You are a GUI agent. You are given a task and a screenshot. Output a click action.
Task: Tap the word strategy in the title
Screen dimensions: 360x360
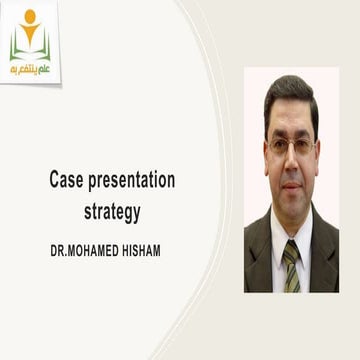[111, 211]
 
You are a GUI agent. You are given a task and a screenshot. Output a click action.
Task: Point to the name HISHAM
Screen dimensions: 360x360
[135, 251]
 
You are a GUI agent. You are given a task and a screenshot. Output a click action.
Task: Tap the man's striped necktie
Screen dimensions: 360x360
[291, 265]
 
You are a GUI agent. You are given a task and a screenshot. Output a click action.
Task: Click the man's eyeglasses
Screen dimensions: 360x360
[291, 146]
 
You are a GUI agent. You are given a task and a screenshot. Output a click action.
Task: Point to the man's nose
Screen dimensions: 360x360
[292, 160]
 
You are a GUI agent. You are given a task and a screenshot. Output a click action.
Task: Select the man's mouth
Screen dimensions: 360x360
[292, 182]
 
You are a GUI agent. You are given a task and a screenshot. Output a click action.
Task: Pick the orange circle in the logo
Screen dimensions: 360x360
[30, 16]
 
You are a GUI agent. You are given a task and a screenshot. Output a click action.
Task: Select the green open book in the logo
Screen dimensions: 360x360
[30, 48]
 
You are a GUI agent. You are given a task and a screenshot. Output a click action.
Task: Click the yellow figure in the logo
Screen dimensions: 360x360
[30, 32]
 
